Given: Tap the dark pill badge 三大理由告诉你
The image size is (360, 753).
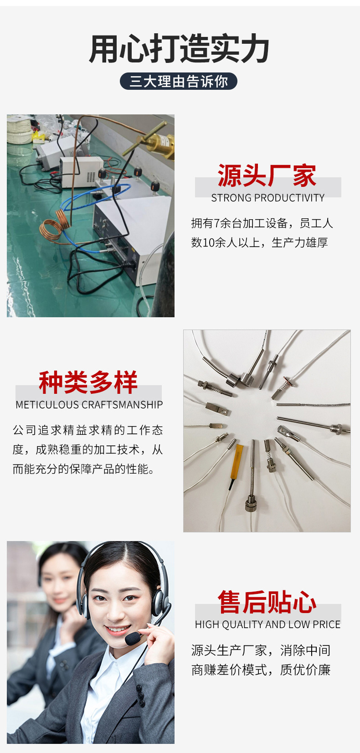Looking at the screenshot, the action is tap(179, 81).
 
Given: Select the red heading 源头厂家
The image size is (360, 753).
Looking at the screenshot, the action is tap(267, 175).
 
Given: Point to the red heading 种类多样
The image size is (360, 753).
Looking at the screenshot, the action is tap(88, 382).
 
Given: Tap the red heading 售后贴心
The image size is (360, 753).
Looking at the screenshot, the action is tap(267, 602).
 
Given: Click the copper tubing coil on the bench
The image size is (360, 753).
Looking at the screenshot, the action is tap(55, 224).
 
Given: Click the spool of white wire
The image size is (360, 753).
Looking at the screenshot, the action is tap(18, 130).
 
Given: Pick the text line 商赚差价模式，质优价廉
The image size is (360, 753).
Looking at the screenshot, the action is tap(261, 670).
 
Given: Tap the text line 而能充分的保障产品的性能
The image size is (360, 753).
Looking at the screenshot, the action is tap(84, 469).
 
